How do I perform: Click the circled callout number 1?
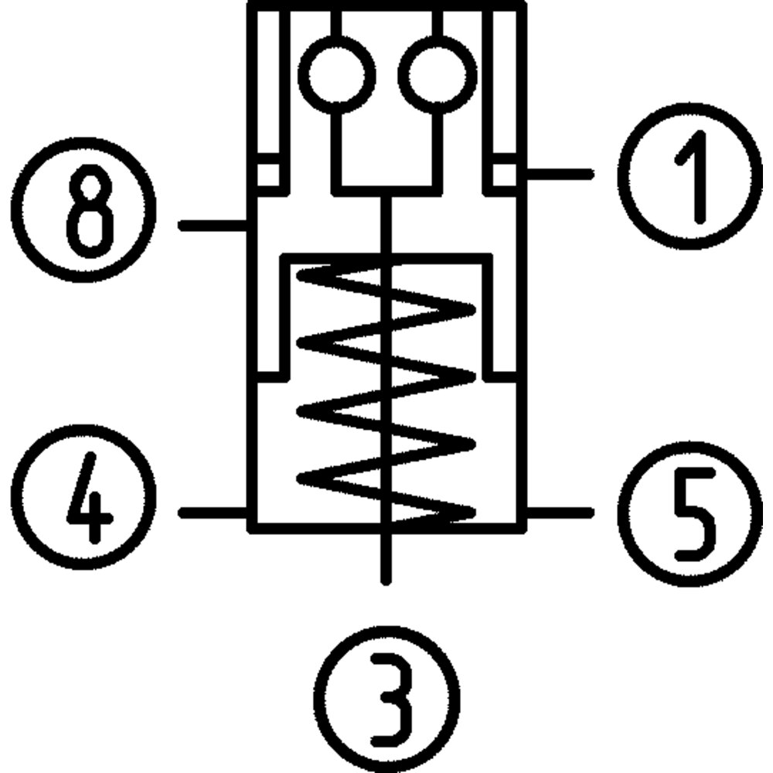pos(690,175)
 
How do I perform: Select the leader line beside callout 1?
pos(559,175)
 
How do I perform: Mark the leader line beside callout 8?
pos(213,226)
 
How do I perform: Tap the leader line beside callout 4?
pos(213,512)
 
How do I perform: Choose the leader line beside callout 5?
pos(559,512)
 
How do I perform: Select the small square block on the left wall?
pos(268,174)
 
